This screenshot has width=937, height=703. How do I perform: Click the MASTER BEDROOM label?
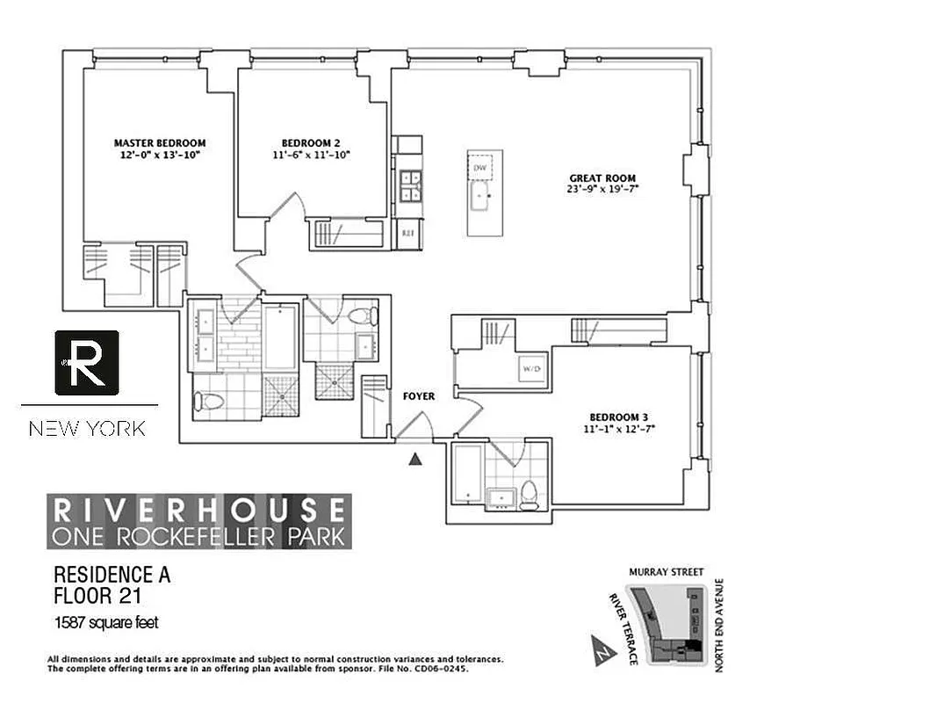pyautogui.click(x=160, y=142)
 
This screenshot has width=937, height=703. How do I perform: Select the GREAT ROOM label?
pyautogui.click(x=602, y=178)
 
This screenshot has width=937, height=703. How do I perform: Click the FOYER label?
pyautogui.click(x=419, y=396)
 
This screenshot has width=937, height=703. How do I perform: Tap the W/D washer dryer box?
pyautogui.click(x=531, y=367)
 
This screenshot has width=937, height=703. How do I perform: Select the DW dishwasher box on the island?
pyautogui.click(x=479, y=167)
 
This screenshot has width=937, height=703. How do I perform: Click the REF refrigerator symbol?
pyautogui.click(x=407, y=234)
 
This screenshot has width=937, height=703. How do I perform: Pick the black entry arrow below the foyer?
pyautogui.click(x=416, y=458)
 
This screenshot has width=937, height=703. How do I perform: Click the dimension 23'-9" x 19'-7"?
pyautogui.click(x=602, y=188)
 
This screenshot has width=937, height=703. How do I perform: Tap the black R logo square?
pyautogui.click(x=87, y=363)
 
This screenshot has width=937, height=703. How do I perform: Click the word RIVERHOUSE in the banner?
pyautogui.click(x=199, y=511)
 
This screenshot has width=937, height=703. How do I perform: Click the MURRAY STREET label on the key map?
pyautogui.click(x=666, y=572)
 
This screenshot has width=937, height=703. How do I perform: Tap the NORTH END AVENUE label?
pyautogui.click(x=717, y=625)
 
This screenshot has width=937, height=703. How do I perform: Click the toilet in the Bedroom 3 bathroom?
pyautogui.click(x=528, y=495)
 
